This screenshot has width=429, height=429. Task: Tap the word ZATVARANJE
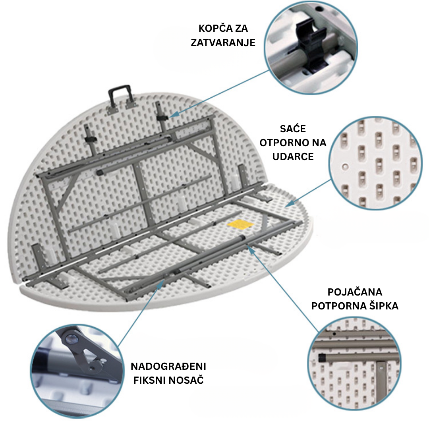point(223,43)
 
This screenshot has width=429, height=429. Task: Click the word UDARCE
point(293,157)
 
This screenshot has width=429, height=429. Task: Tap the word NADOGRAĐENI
point(168,366)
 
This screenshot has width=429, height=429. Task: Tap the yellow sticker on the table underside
point(241,224)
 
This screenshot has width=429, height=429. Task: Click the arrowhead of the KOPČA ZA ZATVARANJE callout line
point(171,116)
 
